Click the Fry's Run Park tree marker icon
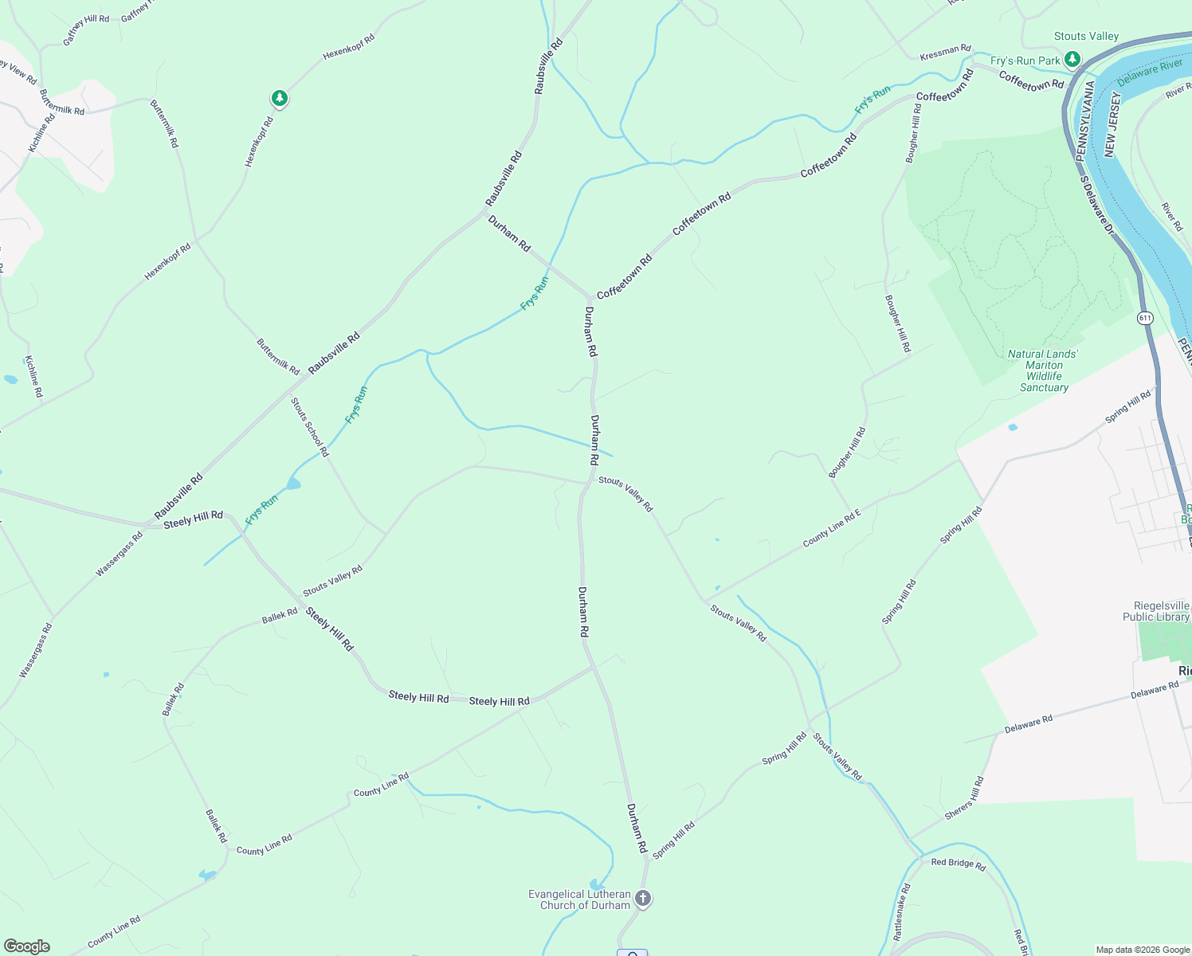coord(1072,59)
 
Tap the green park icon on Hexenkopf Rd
coord(279,98)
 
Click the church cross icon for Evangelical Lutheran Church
coord(643,899)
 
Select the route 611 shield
coord(1145,318)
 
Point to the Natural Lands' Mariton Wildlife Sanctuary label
coord(1043,370)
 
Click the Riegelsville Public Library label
coord(1156,611)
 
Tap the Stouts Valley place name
coord(1086,37)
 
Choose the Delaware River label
coord(1150,72)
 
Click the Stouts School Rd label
coord(309,427)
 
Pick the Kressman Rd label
coord(945,53)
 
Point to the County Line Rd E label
coord(832,528)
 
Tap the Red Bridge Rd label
coord(959,864)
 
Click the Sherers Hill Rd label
coord(965,798)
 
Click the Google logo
coord(26,946)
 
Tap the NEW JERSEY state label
coord(1112,123)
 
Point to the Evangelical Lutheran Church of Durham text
coord(579,899)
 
